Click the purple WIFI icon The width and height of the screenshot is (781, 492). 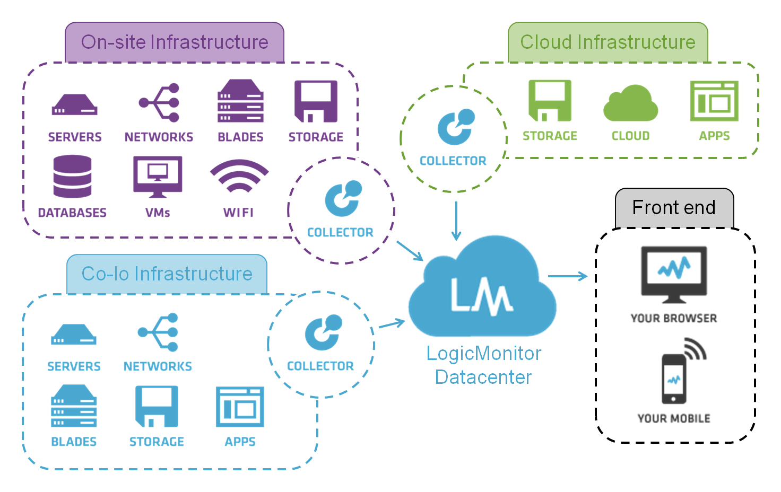(x=239, y=177)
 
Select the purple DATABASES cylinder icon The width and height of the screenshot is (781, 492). (x=73, y=177)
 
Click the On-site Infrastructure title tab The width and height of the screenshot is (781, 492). (x=175, y=42)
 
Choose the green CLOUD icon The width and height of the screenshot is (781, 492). (x=630, y=103)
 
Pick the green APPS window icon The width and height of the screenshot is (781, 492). (x=714, y=101)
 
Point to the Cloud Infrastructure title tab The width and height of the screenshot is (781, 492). (x=608, y=42)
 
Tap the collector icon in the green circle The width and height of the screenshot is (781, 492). (x=455, y=127)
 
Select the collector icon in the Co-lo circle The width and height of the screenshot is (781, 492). (x=323, y=332)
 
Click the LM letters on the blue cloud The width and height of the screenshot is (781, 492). (x=481, y=295)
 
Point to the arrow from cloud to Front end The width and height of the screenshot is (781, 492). (x=568, y=276)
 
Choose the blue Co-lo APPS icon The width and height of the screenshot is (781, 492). (x=240, y=407)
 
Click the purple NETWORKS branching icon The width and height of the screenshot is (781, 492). (x=159, y=102)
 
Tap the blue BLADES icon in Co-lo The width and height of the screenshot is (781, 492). (x=74, y=407)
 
